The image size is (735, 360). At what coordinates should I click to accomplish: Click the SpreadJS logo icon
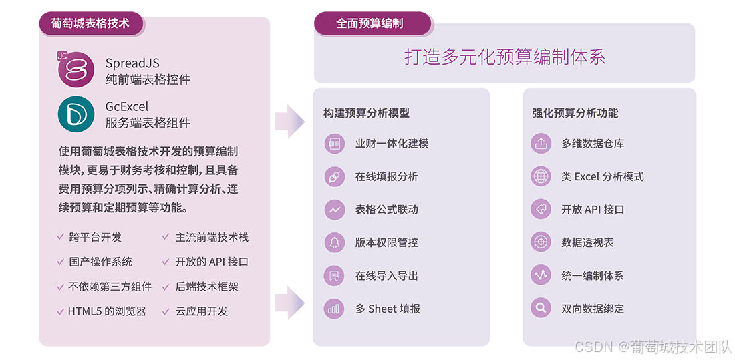tap(76, 70)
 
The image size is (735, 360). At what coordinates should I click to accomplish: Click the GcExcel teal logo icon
tap(76, 114)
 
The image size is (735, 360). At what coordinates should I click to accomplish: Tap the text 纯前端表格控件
tap(148, 79)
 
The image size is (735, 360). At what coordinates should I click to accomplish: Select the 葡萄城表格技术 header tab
tap(90, 25)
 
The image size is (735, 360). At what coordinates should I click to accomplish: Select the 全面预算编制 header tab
tap(370, 23)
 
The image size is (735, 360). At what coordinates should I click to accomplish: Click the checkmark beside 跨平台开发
tap(61, 237)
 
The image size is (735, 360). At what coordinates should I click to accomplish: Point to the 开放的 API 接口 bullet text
tap(212, 262)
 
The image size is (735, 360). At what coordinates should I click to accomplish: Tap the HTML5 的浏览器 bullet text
tap(107, 311)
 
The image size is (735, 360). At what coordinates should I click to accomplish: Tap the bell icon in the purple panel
tap(333, 242)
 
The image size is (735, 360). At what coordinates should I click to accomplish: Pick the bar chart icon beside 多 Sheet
tap(333, 309)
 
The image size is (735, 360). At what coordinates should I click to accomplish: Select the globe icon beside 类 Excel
tap(541, 176)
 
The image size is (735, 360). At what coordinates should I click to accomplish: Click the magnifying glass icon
tap(541, 309)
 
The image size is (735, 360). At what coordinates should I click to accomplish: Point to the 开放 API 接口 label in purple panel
tap(593, 210)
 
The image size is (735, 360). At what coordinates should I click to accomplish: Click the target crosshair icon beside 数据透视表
tap(541, 242)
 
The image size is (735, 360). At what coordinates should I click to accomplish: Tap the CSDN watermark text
tap(653, 346)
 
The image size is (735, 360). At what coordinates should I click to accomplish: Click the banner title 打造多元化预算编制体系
tap(504, 57)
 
